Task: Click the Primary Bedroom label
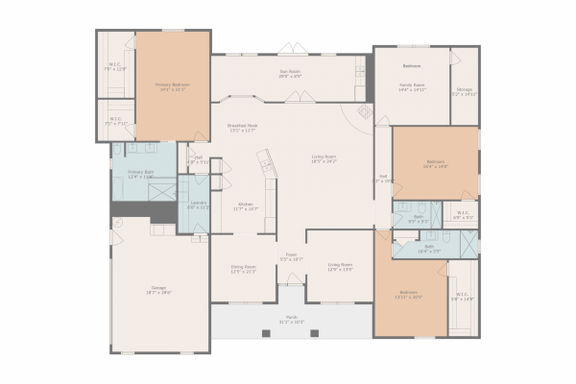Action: pos(173,86)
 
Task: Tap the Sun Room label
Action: pos(289,73)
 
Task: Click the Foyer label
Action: pos(291,257)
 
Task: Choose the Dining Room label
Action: pos(242,269)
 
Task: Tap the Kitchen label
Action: pos(247,206)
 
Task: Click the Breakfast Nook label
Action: pos(242,128)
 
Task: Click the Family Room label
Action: pos(412,87)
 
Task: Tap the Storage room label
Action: pos(464,93)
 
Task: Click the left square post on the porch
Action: pos(265,332)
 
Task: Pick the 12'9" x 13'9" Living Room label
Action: pos(340,267)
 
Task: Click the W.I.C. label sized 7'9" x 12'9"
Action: pos(114,67)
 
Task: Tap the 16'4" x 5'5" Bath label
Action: pos(428,249)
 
